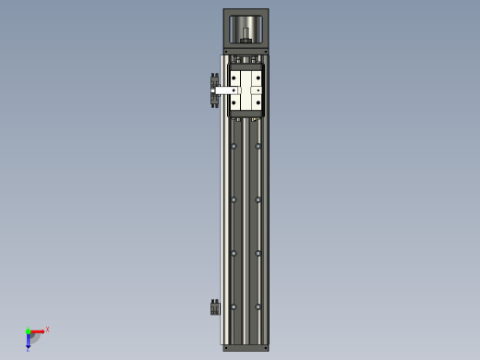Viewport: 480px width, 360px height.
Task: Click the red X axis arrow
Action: coord(38,330)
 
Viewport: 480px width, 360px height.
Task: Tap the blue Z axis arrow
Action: coord(29,341)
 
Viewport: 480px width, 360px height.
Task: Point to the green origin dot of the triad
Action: coord(28,331)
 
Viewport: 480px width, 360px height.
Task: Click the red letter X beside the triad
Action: coord(47,329)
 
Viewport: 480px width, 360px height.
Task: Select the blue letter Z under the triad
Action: coord(28,350)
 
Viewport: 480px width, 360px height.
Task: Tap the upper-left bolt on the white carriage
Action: coord(234,78)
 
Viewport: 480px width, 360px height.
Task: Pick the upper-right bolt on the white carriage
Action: coord(258,78)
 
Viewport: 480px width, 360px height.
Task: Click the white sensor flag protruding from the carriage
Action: coord(224,90)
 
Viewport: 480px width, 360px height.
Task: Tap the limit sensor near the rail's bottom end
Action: coord(215,307)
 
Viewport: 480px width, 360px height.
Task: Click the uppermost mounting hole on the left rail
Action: coord(234,146)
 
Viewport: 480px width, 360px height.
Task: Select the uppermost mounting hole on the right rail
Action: coord(258,146)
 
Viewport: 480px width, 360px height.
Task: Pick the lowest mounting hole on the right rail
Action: coord(258,306)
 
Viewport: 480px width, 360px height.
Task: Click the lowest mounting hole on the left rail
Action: coord(234,306)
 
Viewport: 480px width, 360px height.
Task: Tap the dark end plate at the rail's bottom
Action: coord(246,348)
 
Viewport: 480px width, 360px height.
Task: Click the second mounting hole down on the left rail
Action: coord(234,199)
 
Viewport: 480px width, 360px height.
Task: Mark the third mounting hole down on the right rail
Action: coord(258,253)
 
